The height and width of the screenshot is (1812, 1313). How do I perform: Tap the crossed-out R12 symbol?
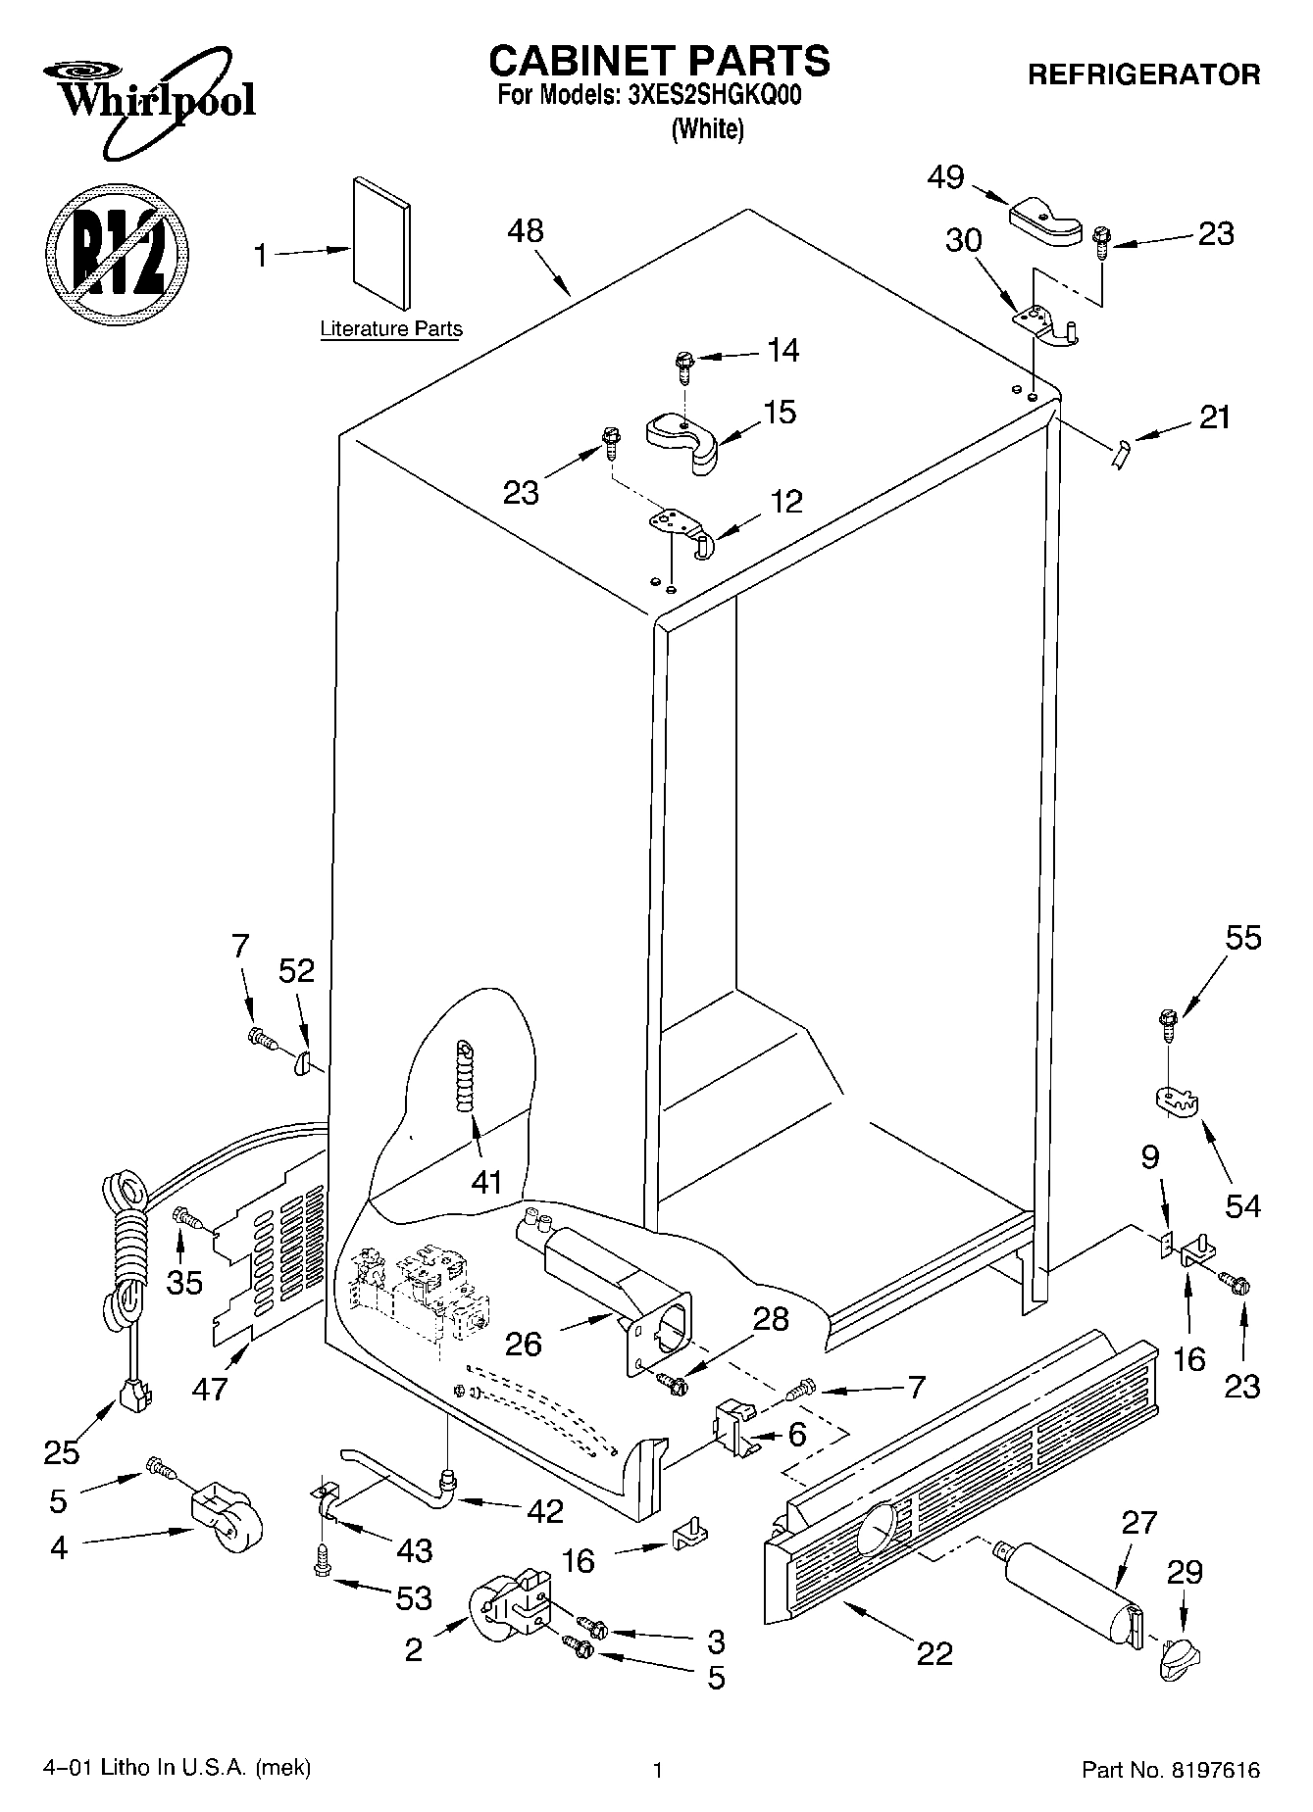(x=117, y=253)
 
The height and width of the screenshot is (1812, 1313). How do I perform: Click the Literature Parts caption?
(x=391, y=329)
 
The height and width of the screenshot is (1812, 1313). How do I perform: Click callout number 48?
(x=526, y=232)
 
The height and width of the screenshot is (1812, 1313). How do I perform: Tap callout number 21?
(x=1214, y=417)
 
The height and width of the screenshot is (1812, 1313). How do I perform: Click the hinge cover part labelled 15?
(x=684, y=442)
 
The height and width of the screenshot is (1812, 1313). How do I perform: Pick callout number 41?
(x=486, y=1182)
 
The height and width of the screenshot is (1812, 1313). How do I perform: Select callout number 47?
(x=211, y=1388)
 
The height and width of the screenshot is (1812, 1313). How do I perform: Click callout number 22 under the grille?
(x=934, y=1654)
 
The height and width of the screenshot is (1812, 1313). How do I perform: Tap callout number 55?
(x=1242, y=938)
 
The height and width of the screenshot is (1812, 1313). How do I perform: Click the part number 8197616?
(x=1213, y=1770)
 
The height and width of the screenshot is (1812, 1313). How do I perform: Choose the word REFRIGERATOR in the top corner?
(x=1143, y=74)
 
